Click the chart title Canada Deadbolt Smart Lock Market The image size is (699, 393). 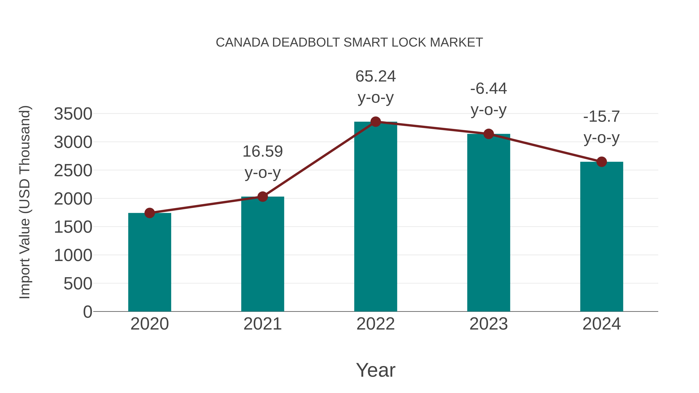[349, 43]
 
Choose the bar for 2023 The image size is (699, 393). [489, 222]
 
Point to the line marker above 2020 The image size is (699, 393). [150, 213]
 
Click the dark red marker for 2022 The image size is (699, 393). [376, 122]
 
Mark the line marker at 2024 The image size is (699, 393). [601, 162]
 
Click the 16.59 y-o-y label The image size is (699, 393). [262, 162]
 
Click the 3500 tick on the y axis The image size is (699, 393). [73, 114]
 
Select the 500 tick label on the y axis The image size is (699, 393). [78, 284]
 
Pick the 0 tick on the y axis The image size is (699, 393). [87, 312]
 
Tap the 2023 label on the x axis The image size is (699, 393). [489, 324]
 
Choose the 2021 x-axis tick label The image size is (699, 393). [262, 324]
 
